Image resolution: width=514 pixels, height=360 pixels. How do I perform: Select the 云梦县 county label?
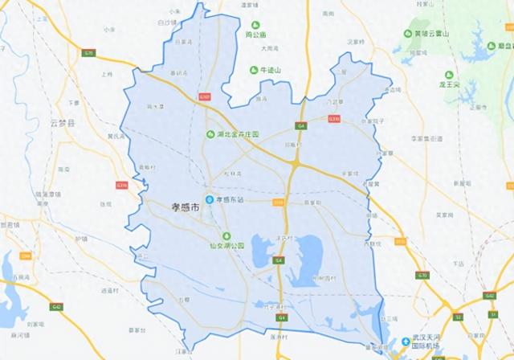coord(61,123)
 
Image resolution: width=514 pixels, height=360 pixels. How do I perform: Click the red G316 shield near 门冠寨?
coord(336,117)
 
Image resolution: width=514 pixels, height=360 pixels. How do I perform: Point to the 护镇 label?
coord(80,239)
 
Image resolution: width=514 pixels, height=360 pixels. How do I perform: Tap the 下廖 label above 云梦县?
coord(74,103)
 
